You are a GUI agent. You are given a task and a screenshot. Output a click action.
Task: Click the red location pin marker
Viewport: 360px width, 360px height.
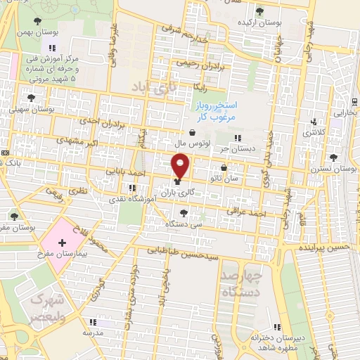(x=181, y=167)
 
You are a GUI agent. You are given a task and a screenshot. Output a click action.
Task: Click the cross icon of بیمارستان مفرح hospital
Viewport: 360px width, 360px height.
(x=62, y=243)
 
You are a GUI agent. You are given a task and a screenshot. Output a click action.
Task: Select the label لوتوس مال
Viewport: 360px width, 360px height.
(x=191, y=143)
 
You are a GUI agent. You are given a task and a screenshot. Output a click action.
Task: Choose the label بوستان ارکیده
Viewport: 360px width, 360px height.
(x=260, y=22)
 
